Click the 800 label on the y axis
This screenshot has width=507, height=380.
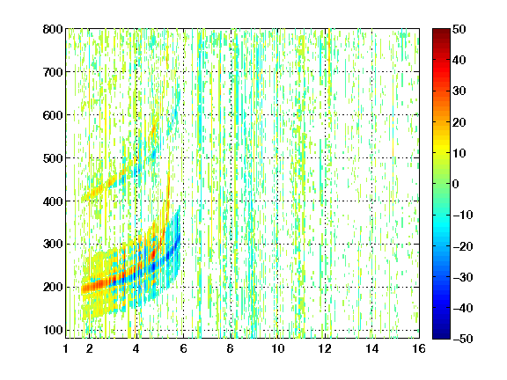click(53, 29)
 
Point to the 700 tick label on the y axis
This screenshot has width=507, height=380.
click(53, 72)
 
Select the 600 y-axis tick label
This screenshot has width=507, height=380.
click(53, 115)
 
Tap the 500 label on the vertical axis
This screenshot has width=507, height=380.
click(53, 158)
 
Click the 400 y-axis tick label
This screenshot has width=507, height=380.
click(53, 201)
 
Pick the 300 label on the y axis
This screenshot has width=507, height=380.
click(53, 245)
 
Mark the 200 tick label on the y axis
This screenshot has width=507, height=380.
click(53, 288)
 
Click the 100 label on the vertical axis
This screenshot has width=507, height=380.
click(53, 330)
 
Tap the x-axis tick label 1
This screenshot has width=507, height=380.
click(66, 348)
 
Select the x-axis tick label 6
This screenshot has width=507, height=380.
click(183, 348)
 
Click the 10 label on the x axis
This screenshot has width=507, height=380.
click(277, 348)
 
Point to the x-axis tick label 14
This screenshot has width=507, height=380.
click(372, 348)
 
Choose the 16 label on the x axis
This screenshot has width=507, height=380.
click(419, 348)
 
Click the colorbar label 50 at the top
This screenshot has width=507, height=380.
click(459, 29)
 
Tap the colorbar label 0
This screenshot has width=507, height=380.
click(455, 184)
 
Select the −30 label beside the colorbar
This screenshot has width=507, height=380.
click(463, 277)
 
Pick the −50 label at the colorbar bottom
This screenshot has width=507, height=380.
click(463, 339)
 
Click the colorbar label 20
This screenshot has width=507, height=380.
click(459, 122)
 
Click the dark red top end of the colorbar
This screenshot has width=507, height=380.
click(441, 32)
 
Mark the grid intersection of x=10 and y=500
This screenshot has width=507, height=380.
click(277, 158)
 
